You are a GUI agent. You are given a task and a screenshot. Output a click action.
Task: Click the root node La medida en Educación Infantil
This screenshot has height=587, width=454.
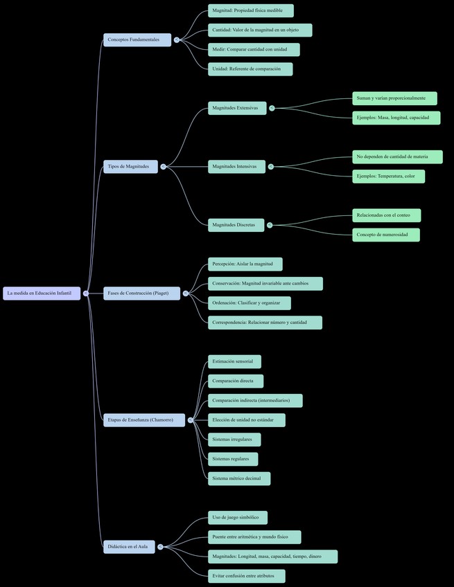[x=41, y=293]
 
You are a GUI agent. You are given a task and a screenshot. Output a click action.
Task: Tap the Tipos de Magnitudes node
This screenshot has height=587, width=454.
[x=131, y=166]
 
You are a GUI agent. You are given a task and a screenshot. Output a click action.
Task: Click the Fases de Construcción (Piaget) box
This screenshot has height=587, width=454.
[x=142, y=293]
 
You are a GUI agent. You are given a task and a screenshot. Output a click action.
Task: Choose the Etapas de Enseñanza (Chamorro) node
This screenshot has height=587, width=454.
[x=144, y=420]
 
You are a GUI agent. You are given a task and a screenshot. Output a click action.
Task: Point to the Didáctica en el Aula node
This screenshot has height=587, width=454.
[x=130, y=546]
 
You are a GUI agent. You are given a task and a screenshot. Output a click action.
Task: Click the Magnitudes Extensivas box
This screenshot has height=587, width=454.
[x=237, y=108]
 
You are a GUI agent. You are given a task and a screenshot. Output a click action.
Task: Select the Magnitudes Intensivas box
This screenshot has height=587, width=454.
[x=236, y=166]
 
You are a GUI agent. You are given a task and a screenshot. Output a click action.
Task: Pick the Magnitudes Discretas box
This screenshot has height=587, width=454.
[x=236, y=224]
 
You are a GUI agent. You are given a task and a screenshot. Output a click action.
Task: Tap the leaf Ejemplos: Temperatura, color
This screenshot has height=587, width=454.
[x=388, y=176]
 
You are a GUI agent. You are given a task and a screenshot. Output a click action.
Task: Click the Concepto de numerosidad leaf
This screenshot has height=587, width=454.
[x=385, y=235]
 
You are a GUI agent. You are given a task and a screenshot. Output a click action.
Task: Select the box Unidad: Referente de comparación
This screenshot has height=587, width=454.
[x=250, y=69]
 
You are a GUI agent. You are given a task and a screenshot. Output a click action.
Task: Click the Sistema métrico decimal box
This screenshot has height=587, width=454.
[x=239, y=478]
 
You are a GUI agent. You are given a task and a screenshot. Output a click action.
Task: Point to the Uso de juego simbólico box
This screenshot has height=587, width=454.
[x=237, y=517]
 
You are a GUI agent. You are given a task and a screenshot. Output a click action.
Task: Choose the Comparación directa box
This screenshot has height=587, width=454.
[x=236, y=381]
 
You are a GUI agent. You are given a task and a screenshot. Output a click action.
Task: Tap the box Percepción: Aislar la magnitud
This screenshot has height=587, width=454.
[x=245, y=264]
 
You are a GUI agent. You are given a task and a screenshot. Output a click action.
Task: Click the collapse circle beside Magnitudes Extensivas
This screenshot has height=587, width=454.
[x=272, y=108]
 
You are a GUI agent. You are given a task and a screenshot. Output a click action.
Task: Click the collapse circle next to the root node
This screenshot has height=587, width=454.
[x=86, y=293]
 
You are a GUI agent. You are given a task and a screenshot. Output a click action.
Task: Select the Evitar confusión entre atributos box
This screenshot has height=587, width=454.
[x=246, y=575]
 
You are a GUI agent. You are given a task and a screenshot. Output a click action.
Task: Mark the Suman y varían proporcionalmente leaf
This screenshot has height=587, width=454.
[x=394, y=98]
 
